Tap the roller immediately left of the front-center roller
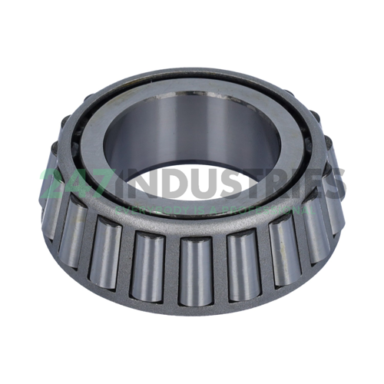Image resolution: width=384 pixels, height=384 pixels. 148,265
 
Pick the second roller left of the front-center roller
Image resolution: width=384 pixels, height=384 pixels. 106,253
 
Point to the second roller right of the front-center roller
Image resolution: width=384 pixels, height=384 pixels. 282,250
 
